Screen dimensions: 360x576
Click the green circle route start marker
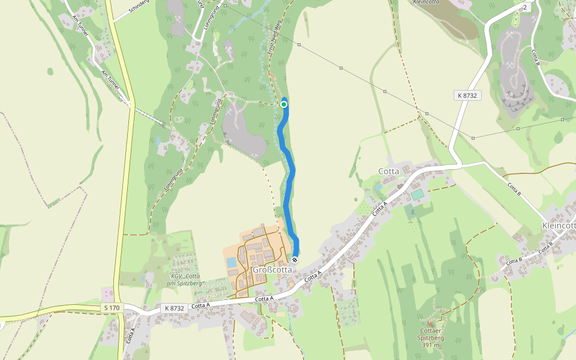pyautogui.click(x=284, y=104)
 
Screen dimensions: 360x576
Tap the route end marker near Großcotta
pyautogui.click(x=295, y=259)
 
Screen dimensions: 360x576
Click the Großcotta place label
pyautogui.click(x=272, y=269)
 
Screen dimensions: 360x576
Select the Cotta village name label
pyautogui.click(x=389, y=171)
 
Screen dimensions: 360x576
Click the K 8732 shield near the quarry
pyautogui.click(x=467, y=95)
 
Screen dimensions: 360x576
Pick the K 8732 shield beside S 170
pyautogui.click(x=174, y=308)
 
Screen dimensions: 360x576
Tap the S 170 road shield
pyautogui.click(x=112, y=308)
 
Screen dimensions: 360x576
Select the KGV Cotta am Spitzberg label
pyautogui.click(x=188, y=279)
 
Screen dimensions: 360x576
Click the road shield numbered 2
pyautogui.click(x=525, y=7)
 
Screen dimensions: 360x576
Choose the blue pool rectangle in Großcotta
pyautogui.click(x=231, y=262)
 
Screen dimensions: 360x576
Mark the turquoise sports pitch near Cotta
pyautogui.click(x=417, y=195)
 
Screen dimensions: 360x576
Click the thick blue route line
pyautogui.click(x=290, y=180)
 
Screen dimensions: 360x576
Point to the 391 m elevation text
pyautogui.click(x=432, y=345)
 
